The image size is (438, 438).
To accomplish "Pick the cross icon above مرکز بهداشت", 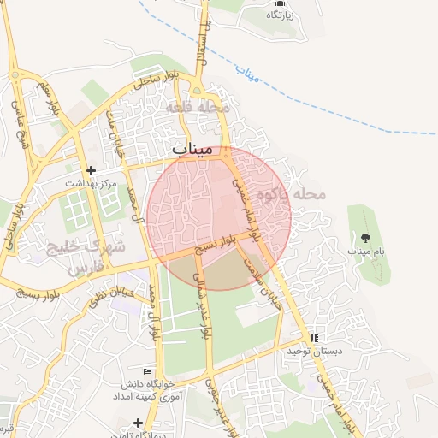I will pyautogui.click(x=91, y=170).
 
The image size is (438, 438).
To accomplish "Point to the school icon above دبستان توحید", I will pyautogui.click(x=314, y=338).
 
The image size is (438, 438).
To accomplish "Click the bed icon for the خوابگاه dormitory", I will pyautogui.click(x=147, y=371).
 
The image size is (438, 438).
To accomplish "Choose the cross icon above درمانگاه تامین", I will pyautogui.click(x=138, y=422).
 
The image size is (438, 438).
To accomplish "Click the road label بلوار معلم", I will pyautogui.click(x=51, y=98).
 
